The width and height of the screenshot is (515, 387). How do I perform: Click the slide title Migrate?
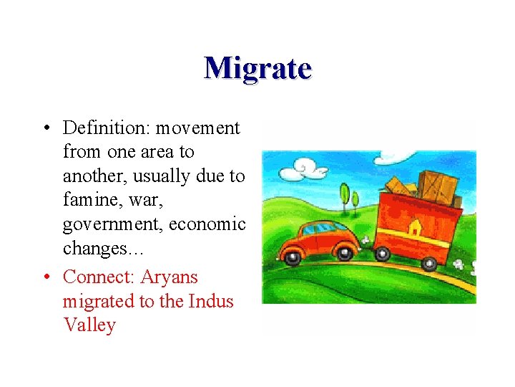pos(257,69)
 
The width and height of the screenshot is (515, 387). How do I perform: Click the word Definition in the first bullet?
pos(98,128)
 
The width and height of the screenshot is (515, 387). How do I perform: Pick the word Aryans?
pos(170,277)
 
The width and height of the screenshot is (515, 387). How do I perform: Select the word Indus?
pos(211,301)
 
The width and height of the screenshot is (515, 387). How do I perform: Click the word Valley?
pos(89,325)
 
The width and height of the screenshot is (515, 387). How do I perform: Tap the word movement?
pos(197,128)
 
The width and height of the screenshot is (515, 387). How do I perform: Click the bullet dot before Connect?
pos(44,277)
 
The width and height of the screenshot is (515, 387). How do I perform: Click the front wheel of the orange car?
pos(293,255)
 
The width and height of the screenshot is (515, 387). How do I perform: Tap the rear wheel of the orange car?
pos(345,252)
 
